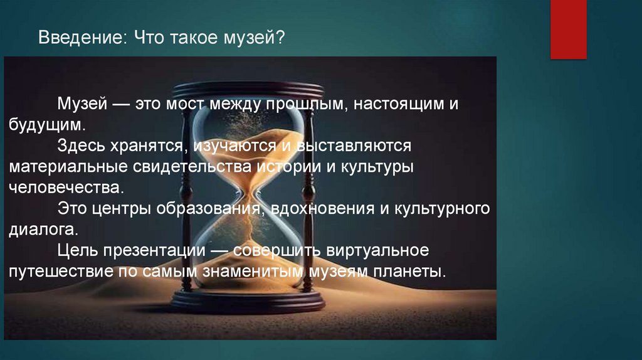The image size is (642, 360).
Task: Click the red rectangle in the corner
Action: [x=568, y=29]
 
